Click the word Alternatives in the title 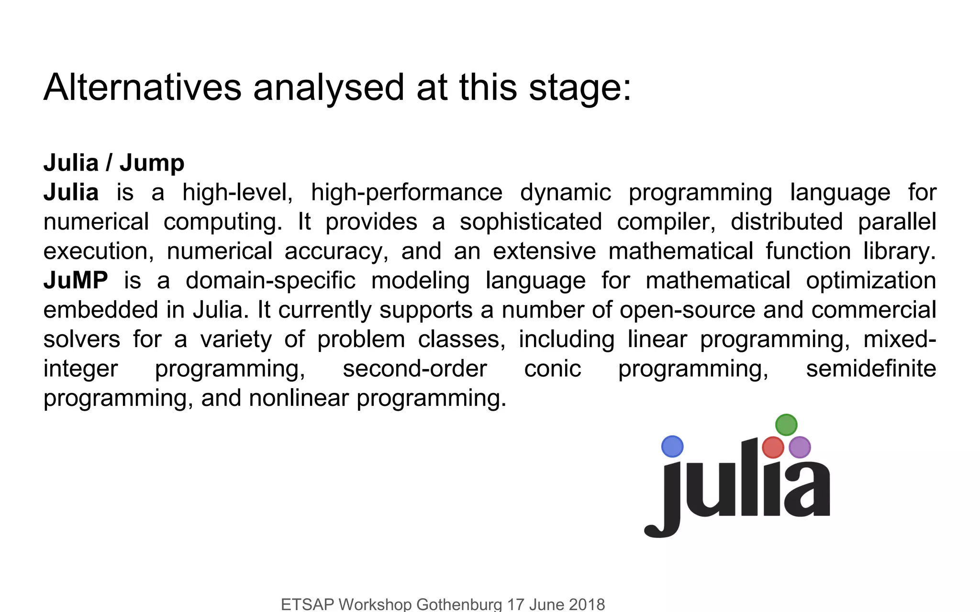point(143,87)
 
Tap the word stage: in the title point(580,88)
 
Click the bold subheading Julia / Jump point(114,163)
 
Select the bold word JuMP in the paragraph point(76,280)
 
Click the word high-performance point(406,193)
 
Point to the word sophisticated point(531,222)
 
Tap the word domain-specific point(270,281)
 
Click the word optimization point(871,281)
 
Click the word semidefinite point(871,369)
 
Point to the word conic point(552,369)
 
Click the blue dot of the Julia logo point(672,447)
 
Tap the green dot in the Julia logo point(786,425)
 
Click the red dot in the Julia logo point(772,448)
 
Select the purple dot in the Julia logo point(799,448)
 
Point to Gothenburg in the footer point(459,604)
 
